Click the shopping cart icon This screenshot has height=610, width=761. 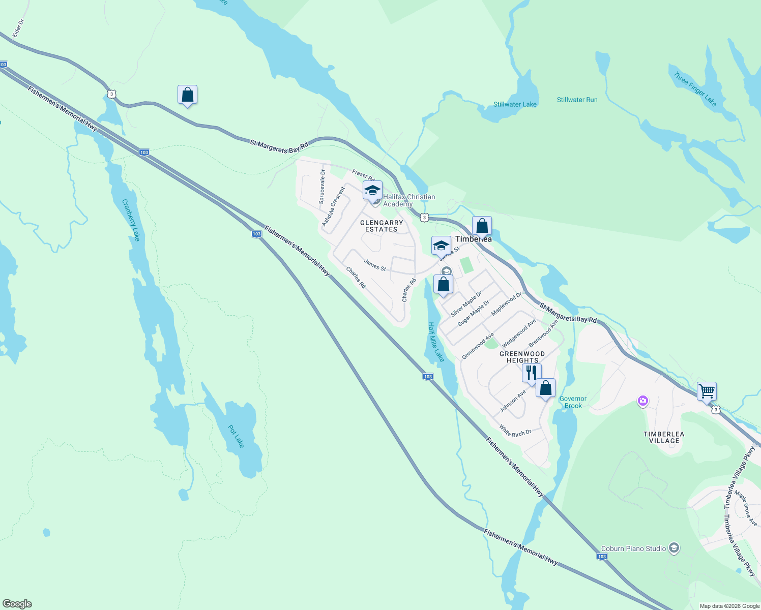click(x=707, y=392)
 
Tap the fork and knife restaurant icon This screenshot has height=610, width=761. click(x=531, y=373)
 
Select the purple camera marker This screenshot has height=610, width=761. click(x=643, y=402)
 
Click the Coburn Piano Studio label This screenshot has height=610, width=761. click(x=633, y=548)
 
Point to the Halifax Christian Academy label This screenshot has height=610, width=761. click(x=408, y=200)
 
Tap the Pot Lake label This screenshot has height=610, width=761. click(x=236, y=436)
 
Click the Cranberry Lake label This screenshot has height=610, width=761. click(x=131, y=220)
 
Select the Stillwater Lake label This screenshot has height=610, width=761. click(x=515, y=104)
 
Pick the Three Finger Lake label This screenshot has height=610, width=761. click(x=695, y=89)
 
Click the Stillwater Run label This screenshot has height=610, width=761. click(x=577, y=100)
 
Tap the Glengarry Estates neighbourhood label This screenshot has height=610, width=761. click(x=382, y=226)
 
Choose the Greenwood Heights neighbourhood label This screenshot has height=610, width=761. click(x=522, y=357)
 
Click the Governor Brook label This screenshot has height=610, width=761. click(x=573, y=402)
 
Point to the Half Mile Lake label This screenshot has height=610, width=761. click(x=436, y=342)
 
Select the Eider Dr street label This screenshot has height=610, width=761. click(x=18, y=28)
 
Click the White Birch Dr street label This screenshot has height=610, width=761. click(x=515, y=431)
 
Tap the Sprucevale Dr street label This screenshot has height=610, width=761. click(x=322, y=187)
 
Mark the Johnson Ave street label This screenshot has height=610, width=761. click(x=513, y=401)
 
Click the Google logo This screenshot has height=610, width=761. click(x=17, y=604)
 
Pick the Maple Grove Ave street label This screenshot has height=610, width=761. click(x=746, y=508)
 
